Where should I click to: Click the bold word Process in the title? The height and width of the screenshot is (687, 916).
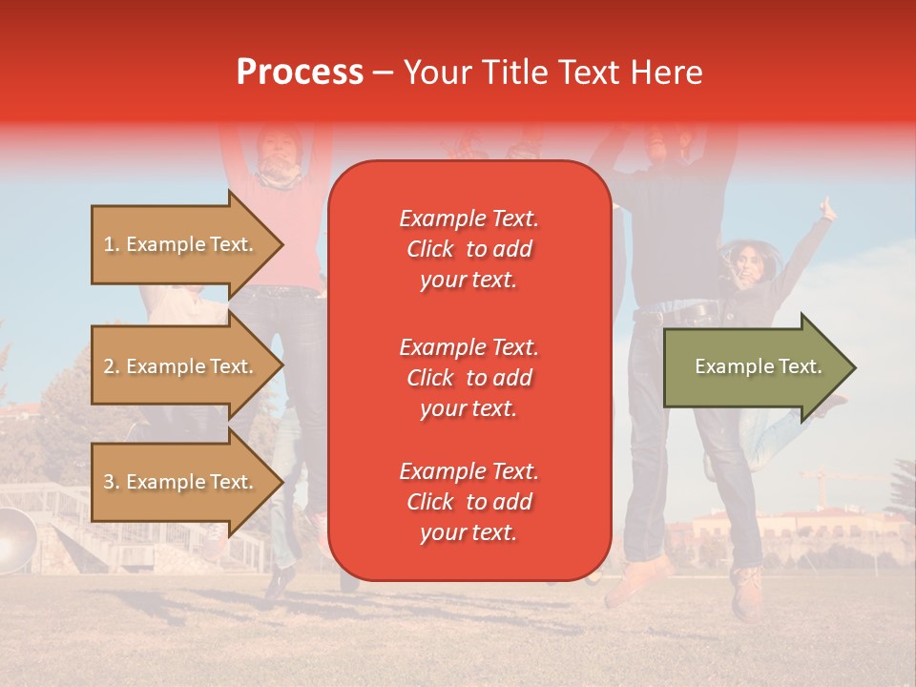(x=300, y=73)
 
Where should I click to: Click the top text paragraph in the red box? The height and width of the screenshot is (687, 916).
(x=468, y=249)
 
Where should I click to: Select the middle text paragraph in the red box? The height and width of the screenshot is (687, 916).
(x=468, y=378)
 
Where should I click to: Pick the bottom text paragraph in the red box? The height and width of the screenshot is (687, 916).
(x=468, y=502)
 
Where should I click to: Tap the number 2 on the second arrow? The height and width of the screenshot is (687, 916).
(x=109, y=366)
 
